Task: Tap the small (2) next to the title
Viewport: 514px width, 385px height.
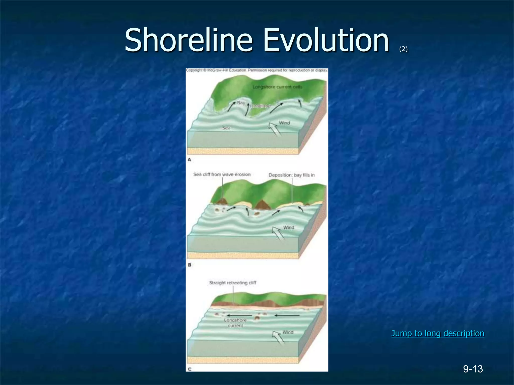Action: pos(403,49)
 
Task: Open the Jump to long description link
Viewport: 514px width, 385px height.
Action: pos(438,333)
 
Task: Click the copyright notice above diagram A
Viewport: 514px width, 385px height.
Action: pos(257,70)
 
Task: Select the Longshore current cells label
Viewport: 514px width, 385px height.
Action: pos(277,87)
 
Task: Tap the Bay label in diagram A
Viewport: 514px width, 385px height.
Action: pos(241,103)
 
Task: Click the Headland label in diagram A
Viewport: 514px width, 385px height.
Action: pos(260,106)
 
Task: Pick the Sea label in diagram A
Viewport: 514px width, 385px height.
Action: pos(226,128)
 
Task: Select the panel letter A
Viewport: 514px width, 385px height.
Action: pos(189,160)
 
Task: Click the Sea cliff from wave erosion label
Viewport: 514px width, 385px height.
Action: pos(222,174)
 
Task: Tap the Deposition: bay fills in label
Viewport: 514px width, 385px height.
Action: pos(291,175)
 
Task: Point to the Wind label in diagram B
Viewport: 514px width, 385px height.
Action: pos(289,228)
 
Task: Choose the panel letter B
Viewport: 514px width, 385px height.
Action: pos(190,265)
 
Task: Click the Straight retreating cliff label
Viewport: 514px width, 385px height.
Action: pos(233,283)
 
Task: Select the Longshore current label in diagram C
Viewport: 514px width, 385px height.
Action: pos(235,323)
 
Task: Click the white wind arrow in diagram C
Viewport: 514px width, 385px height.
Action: pos(279,337)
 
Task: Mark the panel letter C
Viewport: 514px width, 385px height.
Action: pos(190,369)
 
